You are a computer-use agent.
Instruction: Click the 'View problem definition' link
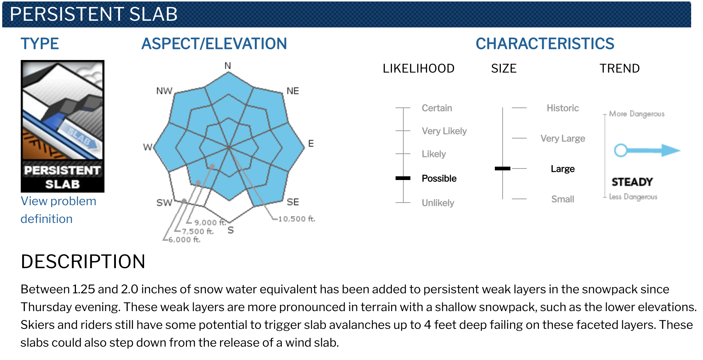58,210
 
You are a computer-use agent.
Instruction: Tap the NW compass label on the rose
164,91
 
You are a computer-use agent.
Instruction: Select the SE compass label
293,202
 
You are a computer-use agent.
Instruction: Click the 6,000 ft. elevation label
184,240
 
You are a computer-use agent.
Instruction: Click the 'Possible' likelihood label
439,179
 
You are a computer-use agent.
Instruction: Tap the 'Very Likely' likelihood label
444,131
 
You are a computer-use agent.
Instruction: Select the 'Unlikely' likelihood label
438,203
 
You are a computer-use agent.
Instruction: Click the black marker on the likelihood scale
403,178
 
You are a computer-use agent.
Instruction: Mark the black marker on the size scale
503,169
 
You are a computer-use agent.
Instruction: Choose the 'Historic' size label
563,108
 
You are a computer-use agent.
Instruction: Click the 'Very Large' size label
563,139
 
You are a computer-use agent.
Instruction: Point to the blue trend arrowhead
671,150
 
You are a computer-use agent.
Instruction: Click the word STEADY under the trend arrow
632,182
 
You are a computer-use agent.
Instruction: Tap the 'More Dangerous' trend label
637,114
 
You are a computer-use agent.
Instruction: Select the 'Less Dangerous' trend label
633,197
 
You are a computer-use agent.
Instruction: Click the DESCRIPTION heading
83,261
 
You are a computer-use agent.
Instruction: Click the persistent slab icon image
63,126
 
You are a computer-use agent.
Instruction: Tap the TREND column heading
620,69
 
